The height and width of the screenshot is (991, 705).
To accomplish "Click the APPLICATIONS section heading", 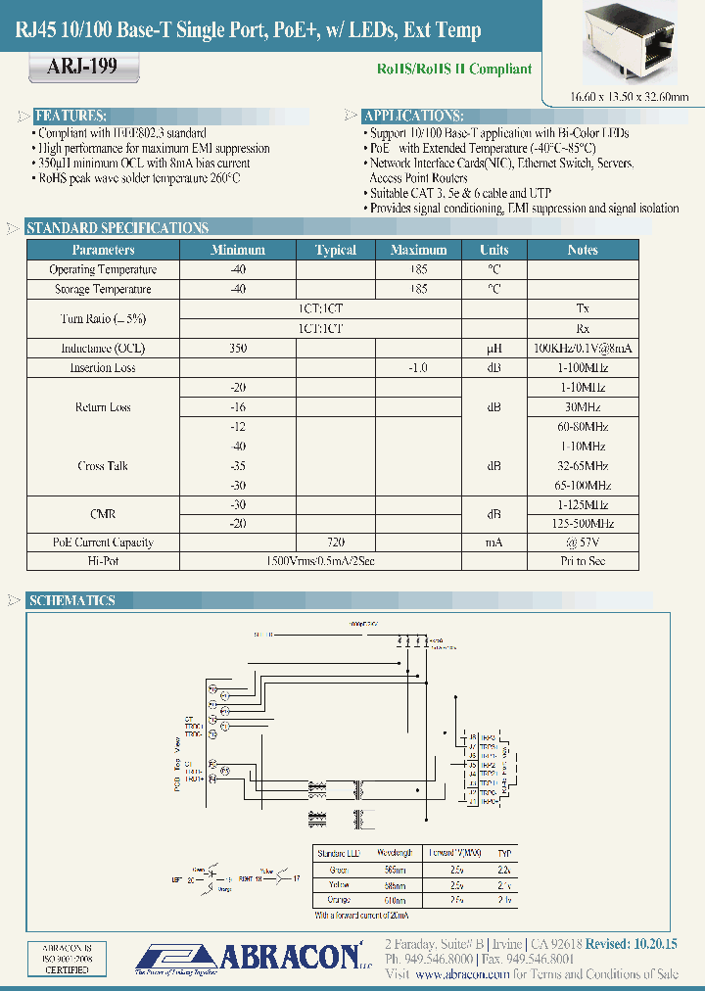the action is pos(413,115).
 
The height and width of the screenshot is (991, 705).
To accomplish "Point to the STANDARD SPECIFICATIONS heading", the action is pos(117,228).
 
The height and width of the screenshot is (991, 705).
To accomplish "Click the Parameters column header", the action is pos(103,250).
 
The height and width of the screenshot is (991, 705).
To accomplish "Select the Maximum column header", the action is pos(418,250).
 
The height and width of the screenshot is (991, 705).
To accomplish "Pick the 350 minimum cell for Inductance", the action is pos(238,348).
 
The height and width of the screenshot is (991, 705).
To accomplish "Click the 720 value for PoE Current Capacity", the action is pos(335,542).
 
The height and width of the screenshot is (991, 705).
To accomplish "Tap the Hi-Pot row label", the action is pos(103,561).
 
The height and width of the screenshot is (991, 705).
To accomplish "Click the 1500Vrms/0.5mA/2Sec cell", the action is pos(320,561).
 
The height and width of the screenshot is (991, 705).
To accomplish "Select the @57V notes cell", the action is pos(583,542).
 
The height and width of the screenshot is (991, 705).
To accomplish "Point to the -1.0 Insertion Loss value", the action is pos(418,367).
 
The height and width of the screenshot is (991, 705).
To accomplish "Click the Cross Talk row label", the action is pos(103,466).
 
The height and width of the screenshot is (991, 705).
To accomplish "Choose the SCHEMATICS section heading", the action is pos(71,600).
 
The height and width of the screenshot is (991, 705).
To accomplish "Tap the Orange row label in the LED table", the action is pos(339,900).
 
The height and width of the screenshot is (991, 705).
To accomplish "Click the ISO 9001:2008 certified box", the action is pos(67,959).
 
